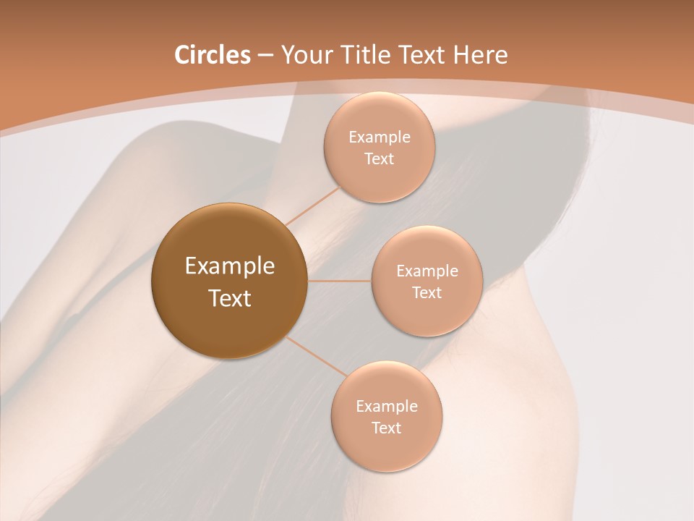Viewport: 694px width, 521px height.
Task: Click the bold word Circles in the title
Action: pyautogui.click(x=212, y=55)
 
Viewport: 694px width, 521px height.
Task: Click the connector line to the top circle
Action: pyautogui.click(x=312, y=205)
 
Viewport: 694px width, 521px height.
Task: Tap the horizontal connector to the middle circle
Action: pyautogui.click(x=339, y=281)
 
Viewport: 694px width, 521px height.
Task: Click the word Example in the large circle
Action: pyautogui.click(x=229, y=266)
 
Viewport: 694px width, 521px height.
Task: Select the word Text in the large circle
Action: pyautogui.click(x=229, y=298)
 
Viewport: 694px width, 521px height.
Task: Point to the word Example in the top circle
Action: pyautogui.click(x=380, y=137)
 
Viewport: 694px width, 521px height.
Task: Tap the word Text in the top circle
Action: pyautogui.click(x=380, y=159)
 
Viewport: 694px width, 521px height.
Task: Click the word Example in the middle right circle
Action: pyautogui.click(x=427, y=271)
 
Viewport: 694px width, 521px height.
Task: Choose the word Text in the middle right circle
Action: pyautogui.click(x=427, y=293)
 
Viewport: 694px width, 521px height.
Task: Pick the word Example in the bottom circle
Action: pyautogui.click(x=387, y=407)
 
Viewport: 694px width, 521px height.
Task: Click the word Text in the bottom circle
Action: pyautogui.click(x=387, y=428)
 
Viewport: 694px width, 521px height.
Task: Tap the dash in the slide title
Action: pyautogui.click(x=265, y=56)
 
